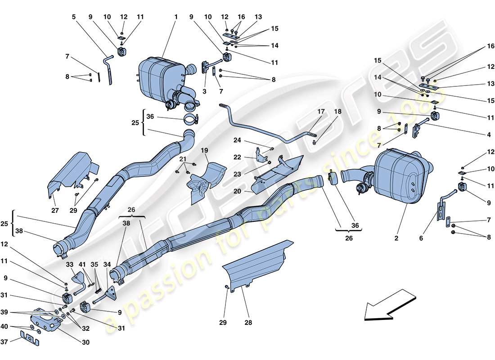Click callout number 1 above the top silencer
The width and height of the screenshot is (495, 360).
click(x=176, y=17)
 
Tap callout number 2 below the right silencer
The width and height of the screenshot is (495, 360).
click(x=396, y=238)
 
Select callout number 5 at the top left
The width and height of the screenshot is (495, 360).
click(x=74, y=17)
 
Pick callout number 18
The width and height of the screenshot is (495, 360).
click(x=337, y=112)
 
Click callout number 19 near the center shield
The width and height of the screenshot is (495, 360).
click(x=204, y=150)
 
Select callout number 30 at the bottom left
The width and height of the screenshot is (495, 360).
click(x=85, y=342)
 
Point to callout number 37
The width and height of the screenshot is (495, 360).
click(x=4, y=342)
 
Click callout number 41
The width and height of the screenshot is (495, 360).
click(x=82, y=265)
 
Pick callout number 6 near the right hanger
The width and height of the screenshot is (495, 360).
click(x=421, y=238)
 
